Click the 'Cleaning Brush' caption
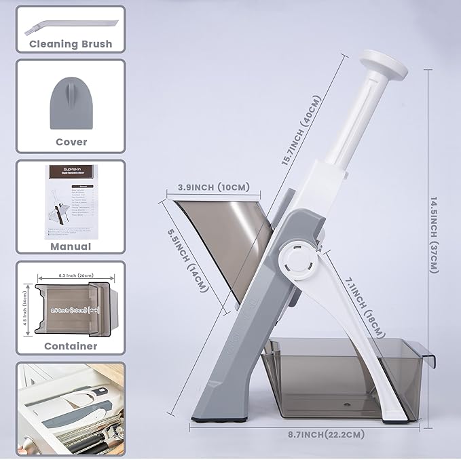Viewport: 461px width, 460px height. (x=71, y=44)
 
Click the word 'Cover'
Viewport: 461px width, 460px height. (x=71, y=142)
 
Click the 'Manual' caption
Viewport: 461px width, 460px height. (x=71, y=247)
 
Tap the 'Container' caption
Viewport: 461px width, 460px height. (x=71, y=345)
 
